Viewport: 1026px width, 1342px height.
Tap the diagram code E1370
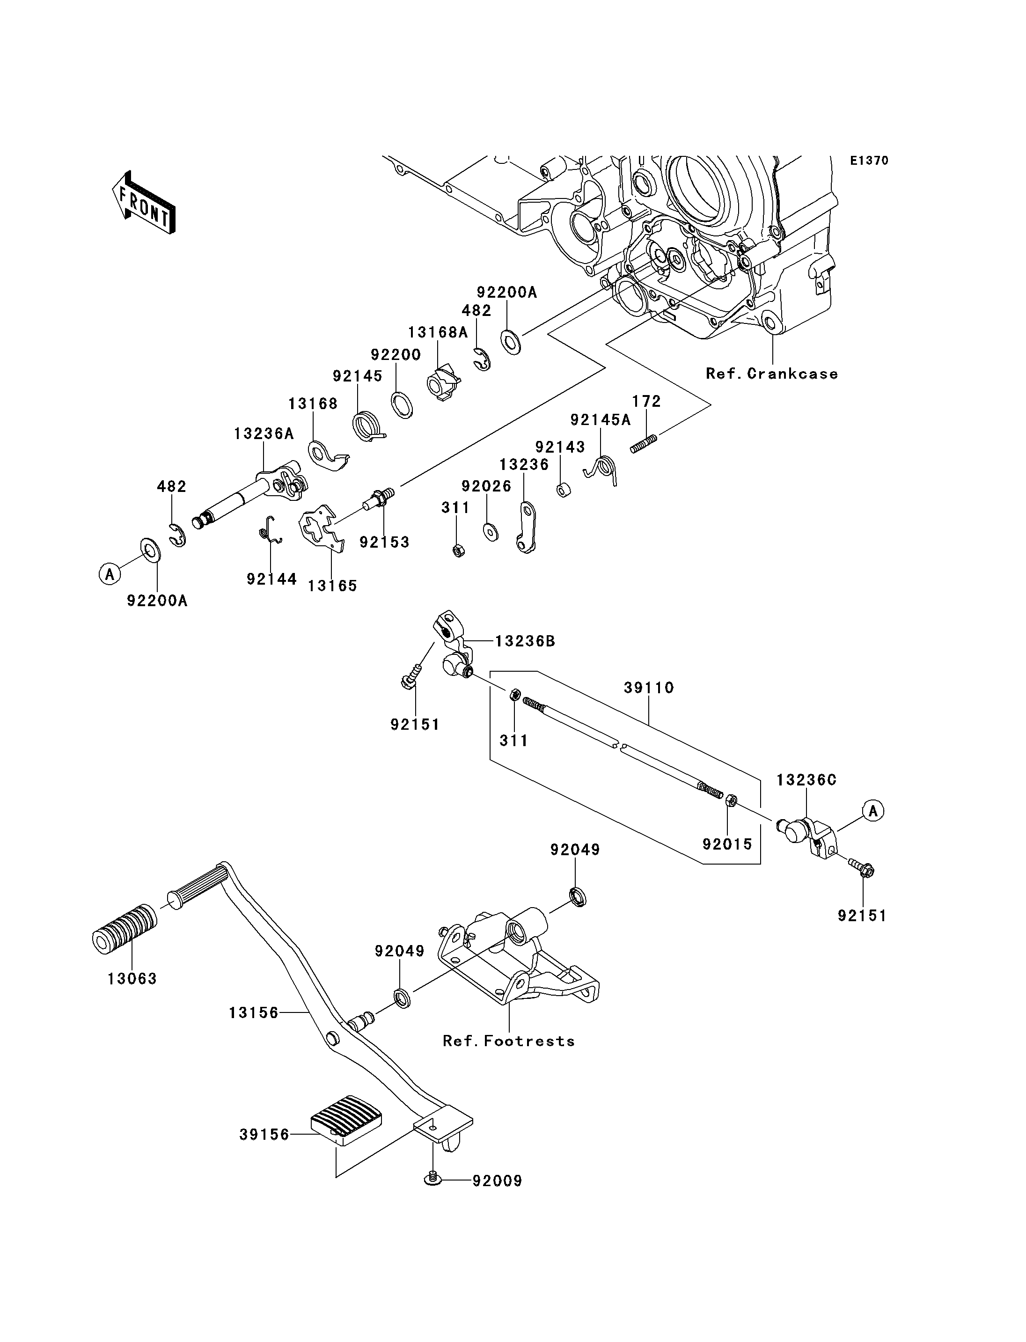[x=870, y=161]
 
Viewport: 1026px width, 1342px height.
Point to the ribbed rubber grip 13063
[x=124, y=929]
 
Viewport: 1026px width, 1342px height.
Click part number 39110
[x=649, y=687]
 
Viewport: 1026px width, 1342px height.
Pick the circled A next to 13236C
[x=873, y=811]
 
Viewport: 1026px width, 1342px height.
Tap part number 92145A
[x=601, y=420]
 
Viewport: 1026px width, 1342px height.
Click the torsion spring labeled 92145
[x=369, y=426]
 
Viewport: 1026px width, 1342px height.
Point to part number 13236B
[x=525, y=641]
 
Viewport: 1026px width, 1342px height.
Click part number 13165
[x=332, y=585]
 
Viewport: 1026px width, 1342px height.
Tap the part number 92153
[x=384, y=542]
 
